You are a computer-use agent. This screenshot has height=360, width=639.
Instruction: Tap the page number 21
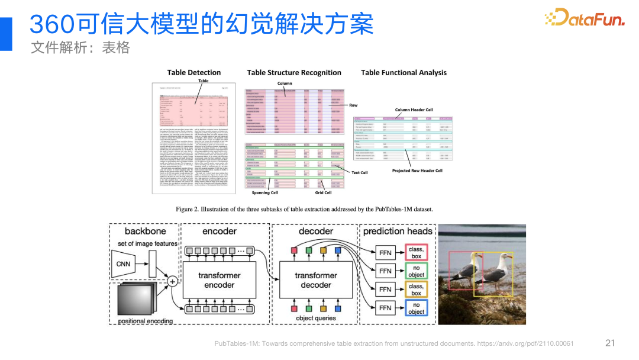(x=610, y=343)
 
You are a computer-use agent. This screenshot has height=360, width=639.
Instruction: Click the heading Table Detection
(x=193, y=72)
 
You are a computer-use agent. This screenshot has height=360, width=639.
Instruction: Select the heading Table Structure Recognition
(x=294, y=72)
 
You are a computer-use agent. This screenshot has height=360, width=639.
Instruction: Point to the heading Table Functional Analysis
(x=404, y=72)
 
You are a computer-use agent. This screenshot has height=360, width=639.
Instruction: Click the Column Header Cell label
(x=414, y=110)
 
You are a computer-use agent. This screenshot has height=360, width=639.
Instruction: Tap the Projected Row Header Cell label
(x=417, y=171)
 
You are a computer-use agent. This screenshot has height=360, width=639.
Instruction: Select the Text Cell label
(x=359, y=173)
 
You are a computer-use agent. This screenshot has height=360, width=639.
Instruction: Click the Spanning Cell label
(x=264, y=192)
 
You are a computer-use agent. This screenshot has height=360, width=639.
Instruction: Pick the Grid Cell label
(x=323, y=192)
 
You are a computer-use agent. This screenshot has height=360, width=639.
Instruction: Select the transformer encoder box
(x=219, y=280)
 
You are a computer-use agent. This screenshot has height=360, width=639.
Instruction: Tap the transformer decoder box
(x=316, y=280)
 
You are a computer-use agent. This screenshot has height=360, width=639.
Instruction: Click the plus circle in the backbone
(x=172, y=280)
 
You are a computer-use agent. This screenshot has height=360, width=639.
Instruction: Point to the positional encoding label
(x=146, y=321)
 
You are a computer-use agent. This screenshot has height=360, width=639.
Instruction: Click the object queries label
(x=316, y=318)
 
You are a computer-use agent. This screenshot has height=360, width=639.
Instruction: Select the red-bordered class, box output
(x=416, y=253)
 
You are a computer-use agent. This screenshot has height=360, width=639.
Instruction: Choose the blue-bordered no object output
(x=416, y=308)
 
